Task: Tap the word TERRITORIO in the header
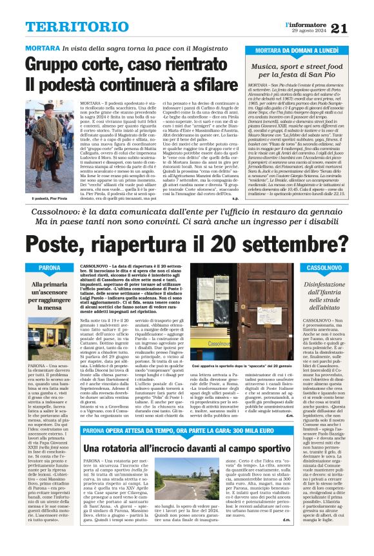click(x=70, y=26)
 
